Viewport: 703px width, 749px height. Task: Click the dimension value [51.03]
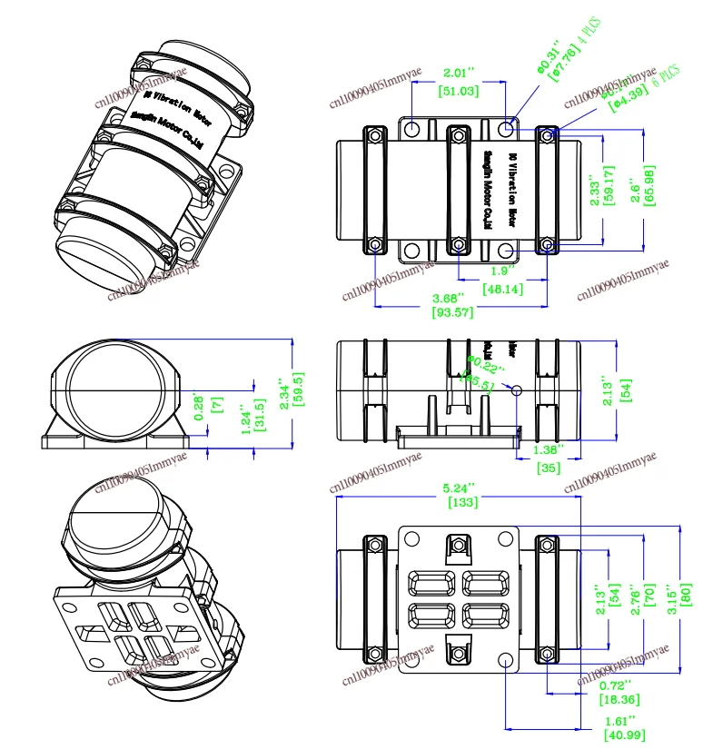[x=460, y=91]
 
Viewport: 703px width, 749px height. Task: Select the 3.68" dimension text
[x=449, y=297]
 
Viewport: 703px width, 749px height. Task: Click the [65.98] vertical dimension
[x=648, y=184]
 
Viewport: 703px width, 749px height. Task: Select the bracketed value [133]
[x=462, y=501]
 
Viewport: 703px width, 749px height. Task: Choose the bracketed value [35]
[x=549, y=468]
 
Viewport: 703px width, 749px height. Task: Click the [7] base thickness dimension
[x=215, y=404]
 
